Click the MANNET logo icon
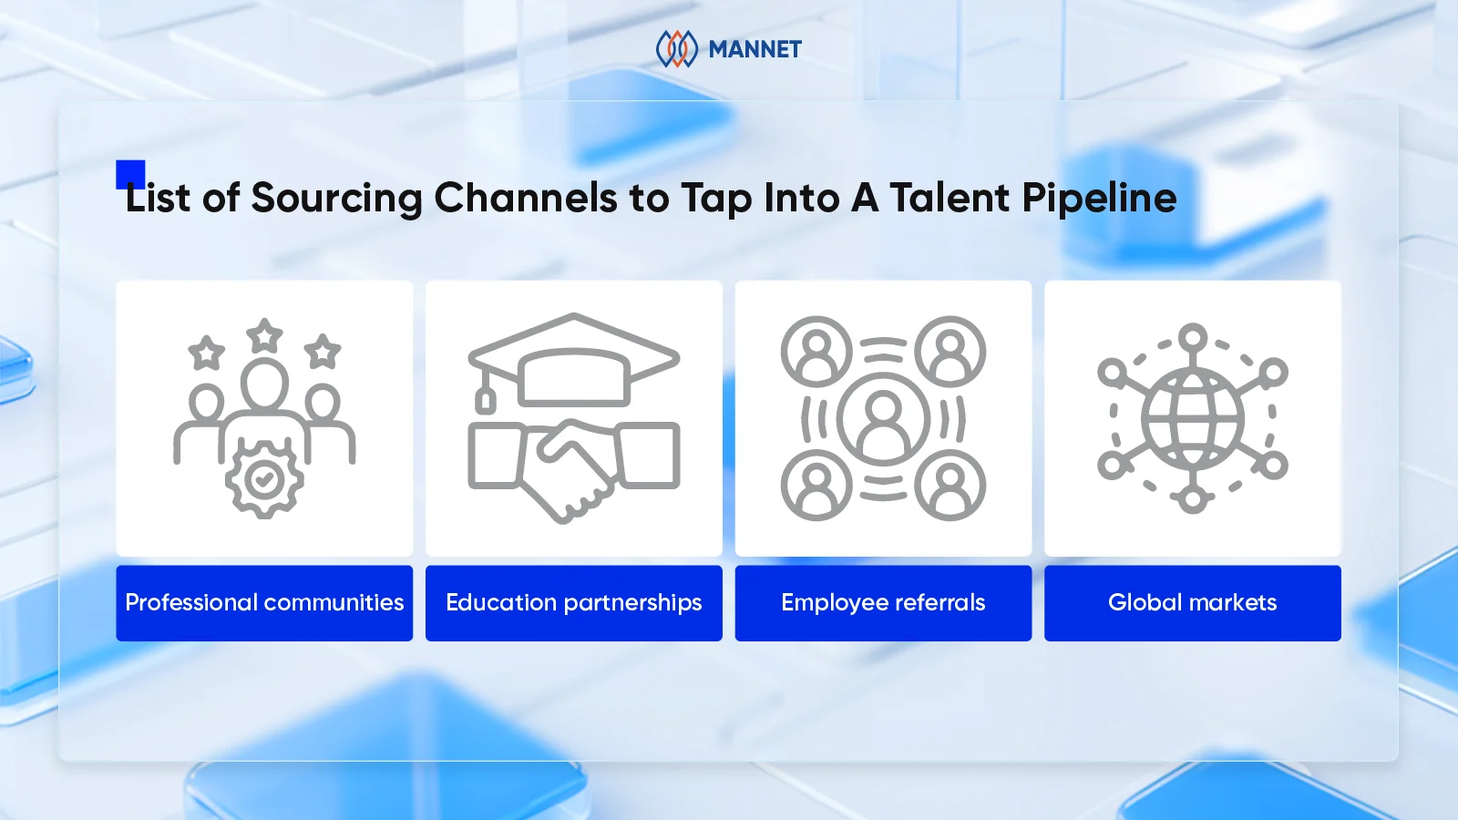coord(676,49)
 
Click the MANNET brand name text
coord(755,49)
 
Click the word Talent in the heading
coord(950,198)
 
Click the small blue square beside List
coord(130,173)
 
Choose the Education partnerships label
coord(573,603)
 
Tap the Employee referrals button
coord(883,603)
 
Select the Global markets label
coord(1192,603)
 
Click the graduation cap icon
coord(574,360)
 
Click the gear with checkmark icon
coord(264,478)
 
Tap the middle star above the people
coord(264,336)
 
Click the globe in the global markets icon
coord(1192,419)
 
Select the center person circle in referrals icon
coord(882,419)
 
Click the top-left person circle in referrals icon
coord(816,352)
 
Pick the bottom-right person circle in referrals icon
coord(950,486)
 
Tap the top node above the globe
coord(1192,338)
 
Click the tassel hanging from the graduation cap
coord(486,398)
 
